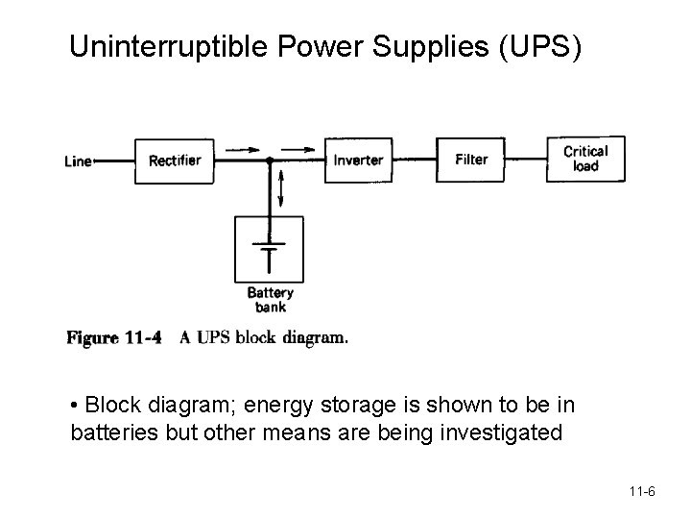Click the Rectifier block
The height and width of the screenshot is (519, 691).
coord(175,161)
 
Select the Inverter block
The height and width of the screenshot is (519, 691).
coord(359,161)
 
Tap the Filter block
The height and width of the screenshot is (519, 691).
coord(471,160)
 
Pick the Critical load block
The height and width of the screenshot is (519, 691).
coord(585,159)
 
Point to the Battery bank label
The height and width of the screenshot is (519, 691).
coord(271,300)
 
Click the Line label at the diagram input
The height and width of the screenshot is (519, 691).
coord(78,161)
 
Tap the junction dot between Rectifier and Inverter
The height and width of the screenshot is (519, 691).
coord(271,161)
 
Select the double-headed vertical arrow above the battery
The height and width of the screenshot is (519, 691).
coord(282,186)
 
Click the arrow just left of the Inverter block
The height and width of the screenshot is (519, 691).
coord(300,150)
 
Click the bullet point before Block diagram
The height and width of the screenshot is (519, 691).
coord(76,404)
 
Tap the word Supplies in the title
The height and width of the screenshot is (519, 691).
coord(419,46)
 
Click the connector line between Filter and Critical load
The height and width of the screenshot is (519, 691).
coord(526,160)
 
